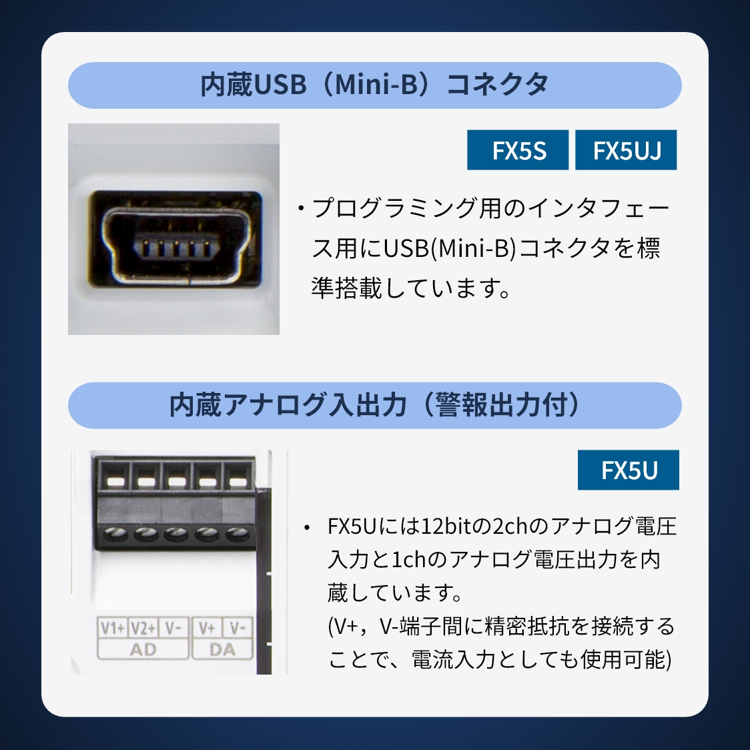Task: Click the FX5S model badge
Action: (518, 149)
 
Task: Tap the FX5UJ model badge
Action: (626, 149)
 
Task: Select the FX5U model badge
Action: (628, 470)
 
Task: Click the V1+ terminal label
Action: (112, 627)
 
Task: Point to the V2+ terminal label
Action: (143, 627)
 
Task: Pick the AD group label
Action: (143, 649)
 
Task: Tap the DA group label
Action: (222, 649)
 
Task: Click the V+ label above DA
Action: (207, 627)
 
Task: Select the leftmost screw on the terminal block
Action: (115, 533)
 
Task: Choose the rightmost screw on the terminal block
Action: (238, 533)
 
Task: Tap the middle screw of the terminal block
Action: (177, 533)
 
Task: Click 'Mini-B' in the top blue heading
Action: (376, 85)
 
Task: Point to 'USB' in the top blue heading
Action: (279, 85)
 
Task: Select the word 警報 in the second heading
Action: (460, 404)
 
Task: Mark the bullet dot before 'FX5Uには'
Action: (307, 528)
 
